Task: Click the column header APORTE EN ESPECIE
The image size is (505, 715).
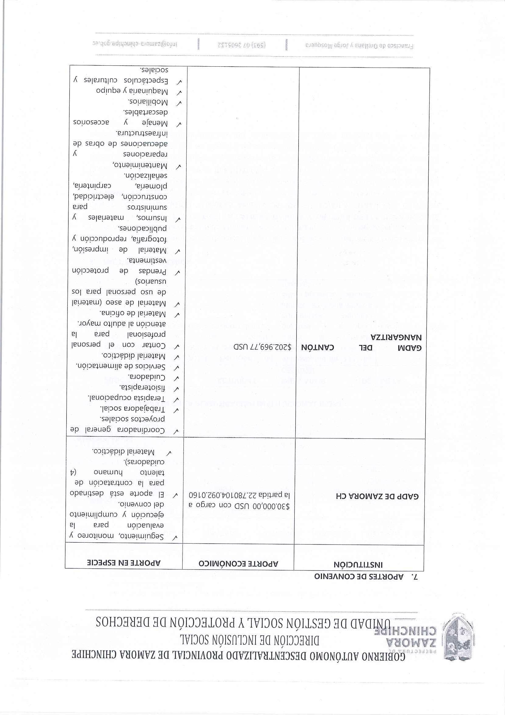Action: (x=124, y=563)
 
